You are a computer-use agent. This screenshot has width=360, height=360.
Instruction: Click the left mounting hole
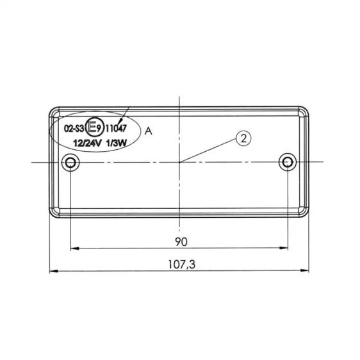pyautogui.click(x=70, y=163)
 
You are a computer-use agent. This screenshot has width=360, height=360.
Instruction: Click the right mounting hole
pyautogui.click(x=288, y=162)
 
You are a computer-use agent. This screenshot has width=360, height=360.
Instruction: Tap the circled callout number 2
pyautogui.click(x=243, y=138)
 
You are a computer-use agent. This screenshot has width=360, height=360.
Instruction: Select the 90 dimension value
pyautogui.click(x=181, y=241)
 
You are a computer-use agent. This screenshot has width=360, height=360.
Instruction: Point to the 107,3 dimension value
pyautogui.click(x=182, y=265)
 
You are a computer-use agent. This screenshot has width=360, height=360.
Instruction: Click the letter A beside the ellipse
pyautogui.click(x=149, y=131)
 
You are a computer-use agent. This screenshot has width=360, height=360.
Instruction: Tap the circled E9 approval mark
pyautogui.click(x=94, y=127)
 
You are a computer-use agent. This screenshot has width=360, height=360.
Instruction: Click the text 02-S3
pyautogui.click(x=74, y=129)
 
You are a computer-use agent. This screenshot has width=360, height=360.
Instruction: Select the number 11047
pyautogui.click(x=116, y=129)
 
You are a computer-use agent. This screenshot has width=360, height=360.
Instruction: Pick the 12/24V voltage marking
pyautogui.click(x=87, y=143)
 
